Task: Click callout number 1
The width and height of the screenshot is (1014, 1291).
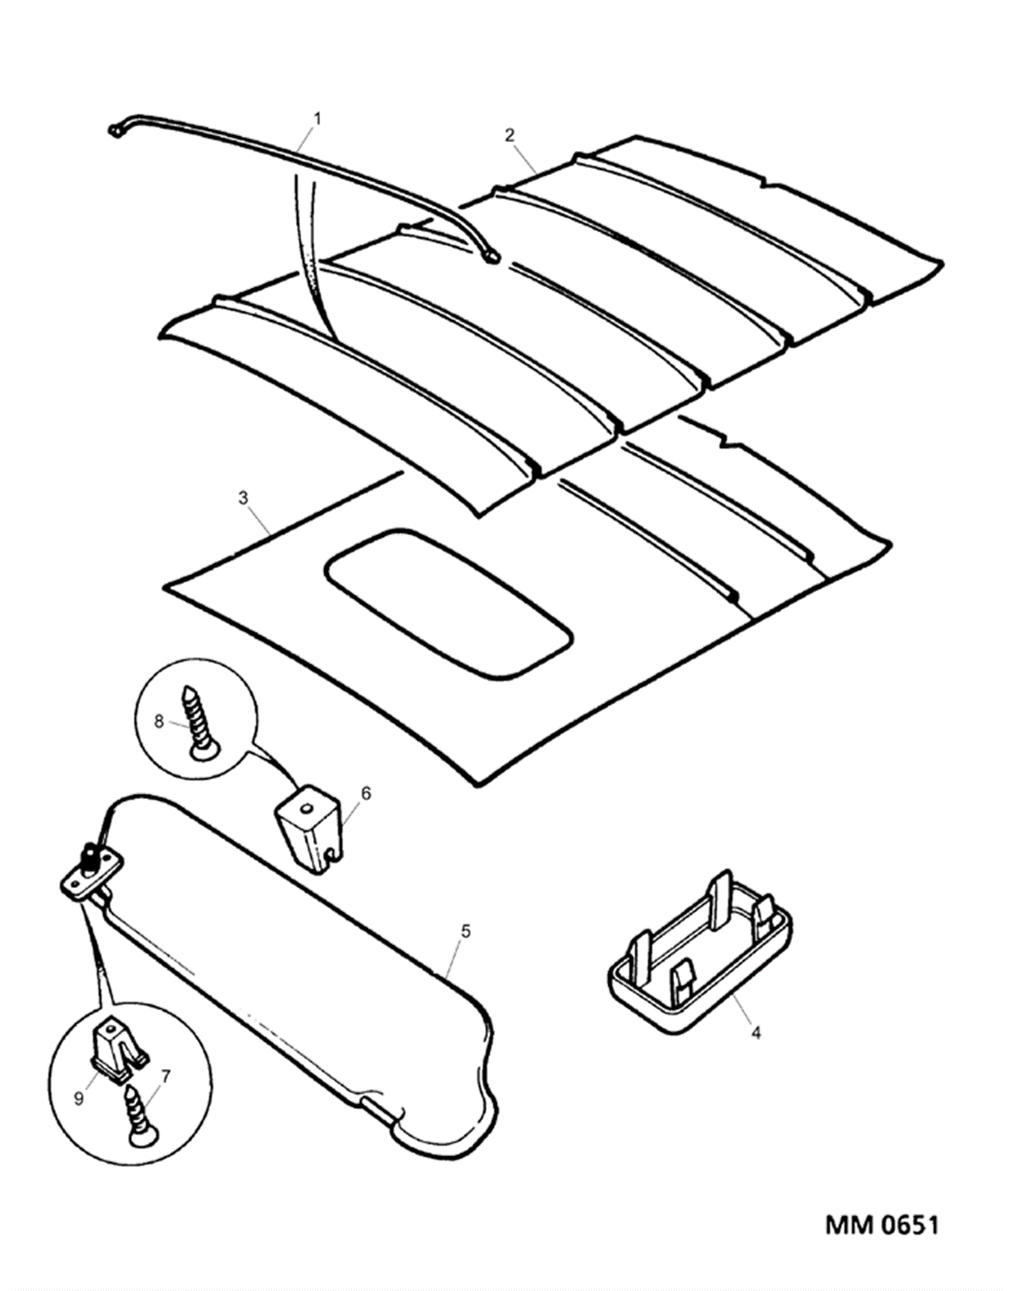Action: pyautogui.click(x=317, y=119)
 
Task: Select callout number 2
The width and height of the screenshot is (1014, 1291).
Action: pyautogui.click(x=510, y=135)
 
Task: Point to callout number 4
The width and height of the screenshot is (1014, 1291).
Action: pyautogui.click(x=756, y=1033)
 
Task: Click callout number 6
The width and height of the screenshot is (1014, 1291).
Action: pyautogui.click(x=366, y=793)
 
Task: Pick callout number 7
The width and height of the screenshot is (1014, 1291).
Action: pyautogui.click(x=166, y=1076)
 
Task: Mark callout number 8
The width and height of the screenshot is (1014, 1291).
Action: pyautogui.click(x=159, y=721)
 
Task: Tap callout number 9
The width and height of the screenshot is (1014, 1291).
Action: pyautogui.click(x=79, y=1098)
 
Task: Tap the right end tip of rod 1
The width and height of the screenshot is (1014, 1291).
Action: pyautogui.click(x=492, y=258)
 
